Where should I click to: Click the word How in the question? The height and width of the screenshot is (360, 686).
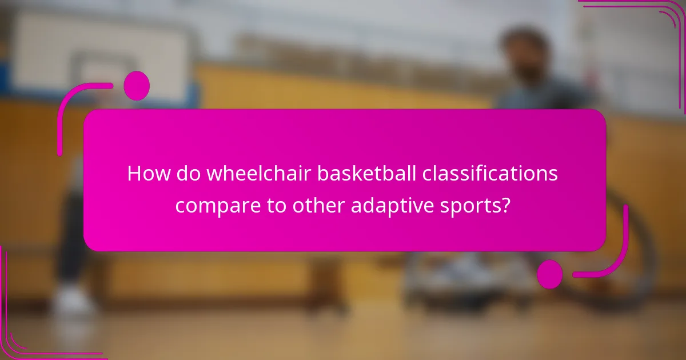pos(146,173)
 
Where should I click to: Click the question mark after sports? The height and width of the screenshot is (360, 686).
pos(505,205)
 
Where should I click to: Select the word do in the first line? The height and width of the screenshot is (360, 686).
pos(184,173)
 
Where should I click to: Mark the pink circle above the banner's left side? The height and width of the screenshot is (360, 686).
pos(136,86)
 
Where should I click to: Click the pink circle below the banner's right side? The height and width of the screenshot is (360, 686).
pos(550,274)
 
